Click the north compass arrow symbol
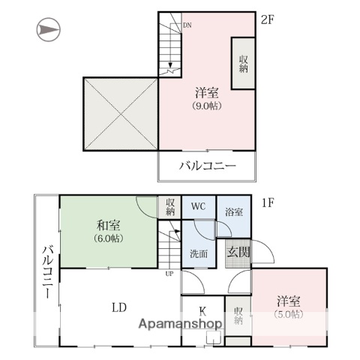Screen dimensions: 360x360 click(47, 30)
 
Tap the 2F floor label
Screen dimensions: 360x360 click(268, 19)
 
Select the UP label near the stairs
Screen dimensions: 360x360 click(169, 273)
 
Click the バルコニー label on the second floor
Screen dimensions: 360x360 click(207, 166)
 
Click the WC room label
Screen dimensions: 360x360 click(198, 206)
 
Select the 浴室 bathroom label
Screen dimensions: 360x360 click(234, 211)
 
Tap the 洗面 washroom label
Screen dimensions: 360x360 click(198, 253)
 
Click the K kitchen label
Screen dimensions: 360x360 click(202, 310)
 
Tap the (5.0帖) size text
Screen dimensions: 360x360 click(288, 314)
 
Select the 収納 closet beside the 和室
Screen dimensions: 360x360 click(169, 207)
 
